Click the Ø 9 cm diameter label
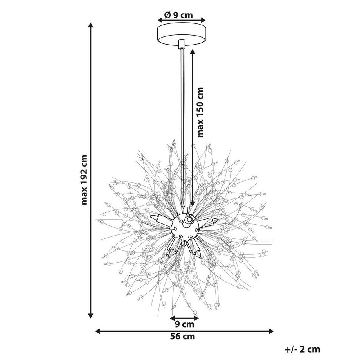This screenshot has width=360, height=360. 178,15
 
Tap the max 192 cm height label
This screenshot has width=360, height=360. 85,180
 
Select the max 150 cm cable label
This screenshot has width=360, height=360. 200,112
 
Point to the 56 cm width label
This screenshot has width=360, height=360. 182,337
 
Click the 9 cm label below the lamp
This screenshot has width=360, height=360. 184,324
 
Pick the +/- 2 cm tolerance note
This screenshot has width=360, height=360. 302,349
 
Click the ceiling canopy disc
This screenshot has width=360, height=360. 182,34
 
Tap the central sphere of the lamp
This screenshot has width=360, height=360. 185,227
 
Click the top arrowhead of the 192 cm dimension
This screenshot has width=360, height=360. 91,25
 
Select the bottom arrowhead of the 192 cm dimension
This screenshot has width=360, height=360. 91,315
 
